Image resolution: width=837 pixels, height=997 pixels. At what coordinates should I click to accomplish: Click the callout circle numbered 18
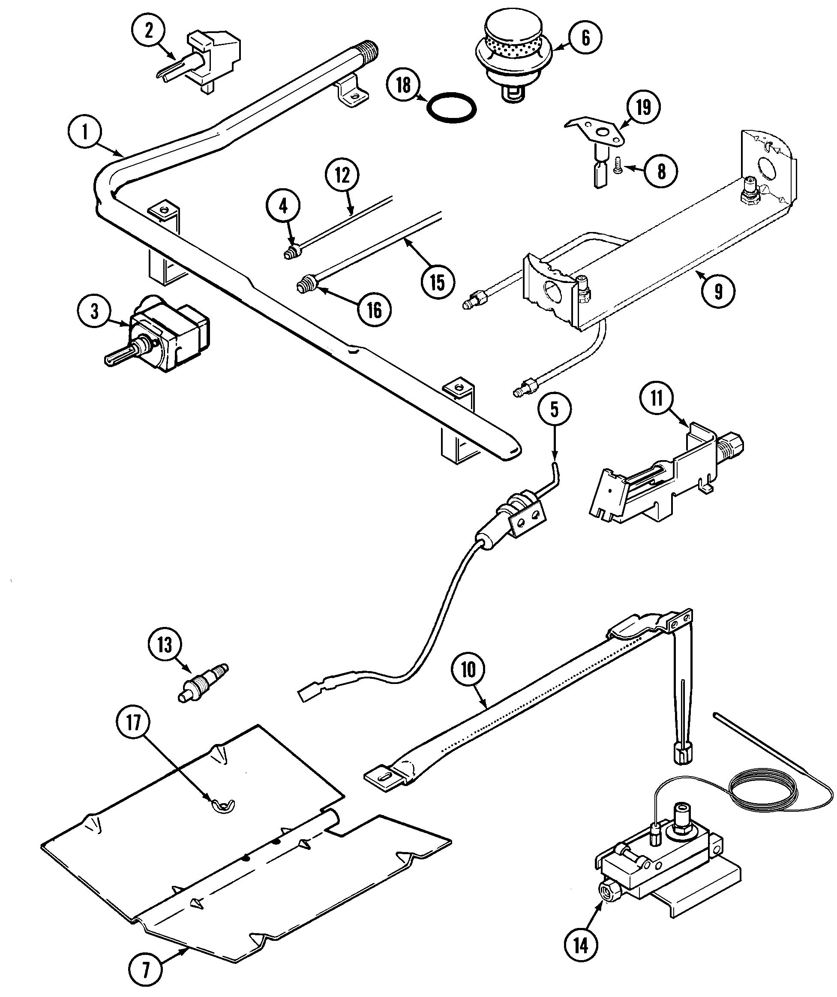[403, 86]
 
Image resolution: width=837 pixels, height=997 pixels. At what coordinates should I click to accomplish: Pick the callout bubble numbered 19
[643, 107]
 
